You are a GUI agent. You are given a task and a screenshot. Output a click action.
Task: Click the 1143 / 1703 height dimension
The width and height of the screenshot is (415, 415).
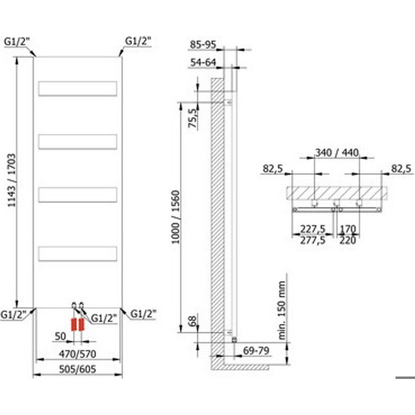click(12, 180)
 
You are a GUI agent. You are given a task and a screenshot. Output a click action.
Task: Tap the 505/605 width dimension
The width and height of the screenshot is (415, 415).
click(78, 369)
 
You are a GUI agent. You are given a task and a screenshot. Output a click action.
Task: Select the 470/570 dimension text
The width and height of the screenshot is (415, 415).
click(78, 354)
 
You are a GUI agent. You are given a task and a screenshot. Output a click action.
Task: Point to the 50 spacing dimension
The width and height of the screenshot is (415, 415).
click(60, 336)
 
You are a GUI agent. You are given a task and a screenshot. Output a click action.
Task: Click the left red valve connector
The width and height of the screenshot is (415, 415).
click(74, 324)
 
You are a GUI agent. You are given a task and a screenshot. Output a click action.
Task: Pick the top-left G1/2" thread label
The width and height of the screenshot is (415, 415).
click(17, 42)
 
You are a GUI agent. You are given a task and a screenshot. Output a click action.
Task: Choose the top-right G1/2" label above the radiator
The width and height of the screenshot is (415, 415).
click(138, 41)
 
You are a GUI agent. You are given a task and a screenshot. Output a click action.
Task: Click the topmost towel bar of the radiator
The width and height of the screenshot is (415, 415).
click(78, 89)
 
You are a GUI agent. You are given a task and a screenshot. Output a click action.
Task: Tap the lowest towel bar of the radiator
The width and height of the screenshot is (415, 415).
click(78, 254)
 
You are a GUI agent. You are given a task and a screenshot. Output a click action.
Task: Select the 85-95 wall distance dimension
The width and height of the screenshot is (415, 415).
click(203, 45)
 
